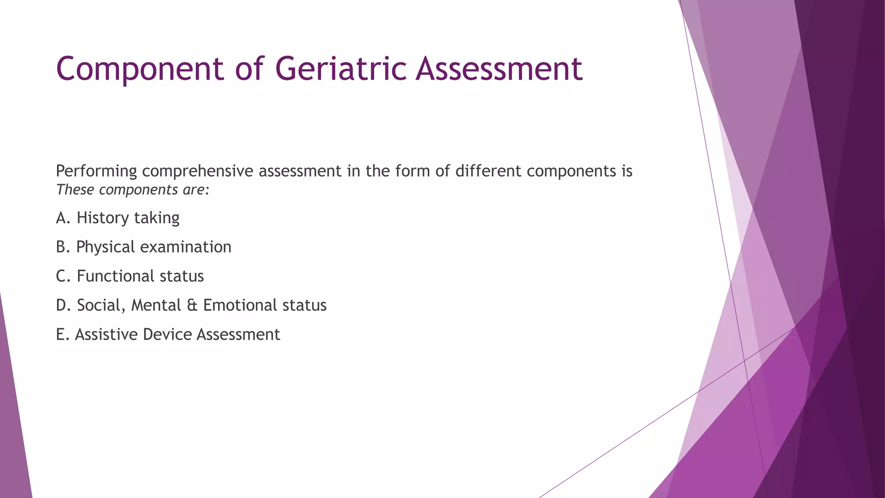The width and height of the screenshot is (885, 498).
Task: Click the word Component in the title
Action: (x=140, y=69)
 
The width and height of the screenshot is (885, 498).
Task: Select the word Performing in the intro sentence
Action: (x=96, y=172)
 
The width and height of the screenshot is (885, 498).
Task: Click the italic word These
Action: (x=75, y=190)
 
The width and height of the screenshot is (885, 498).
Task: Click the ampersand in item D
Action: (x=192, y=306)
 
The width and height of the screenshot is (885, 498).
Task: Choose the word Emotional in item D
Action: (x=240, y=305)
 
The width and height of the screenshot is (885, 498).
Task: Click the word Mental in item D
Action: (x=156, y=305)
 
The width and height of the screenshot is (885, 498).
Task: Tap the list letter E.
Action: (x=61, y=335)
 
